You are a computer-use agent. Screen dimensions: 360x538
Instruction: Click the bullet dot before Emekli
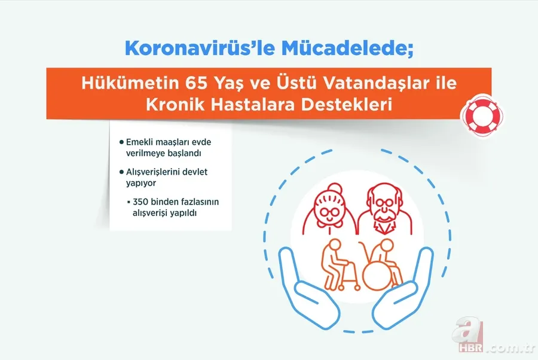(x=121, y=142)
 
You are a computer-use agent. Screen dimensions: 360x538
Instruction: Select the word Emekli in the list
(x=140, y=142)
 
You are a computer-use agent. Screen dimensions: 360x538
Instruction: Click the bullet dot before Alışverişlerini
(x=121, y=172)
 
